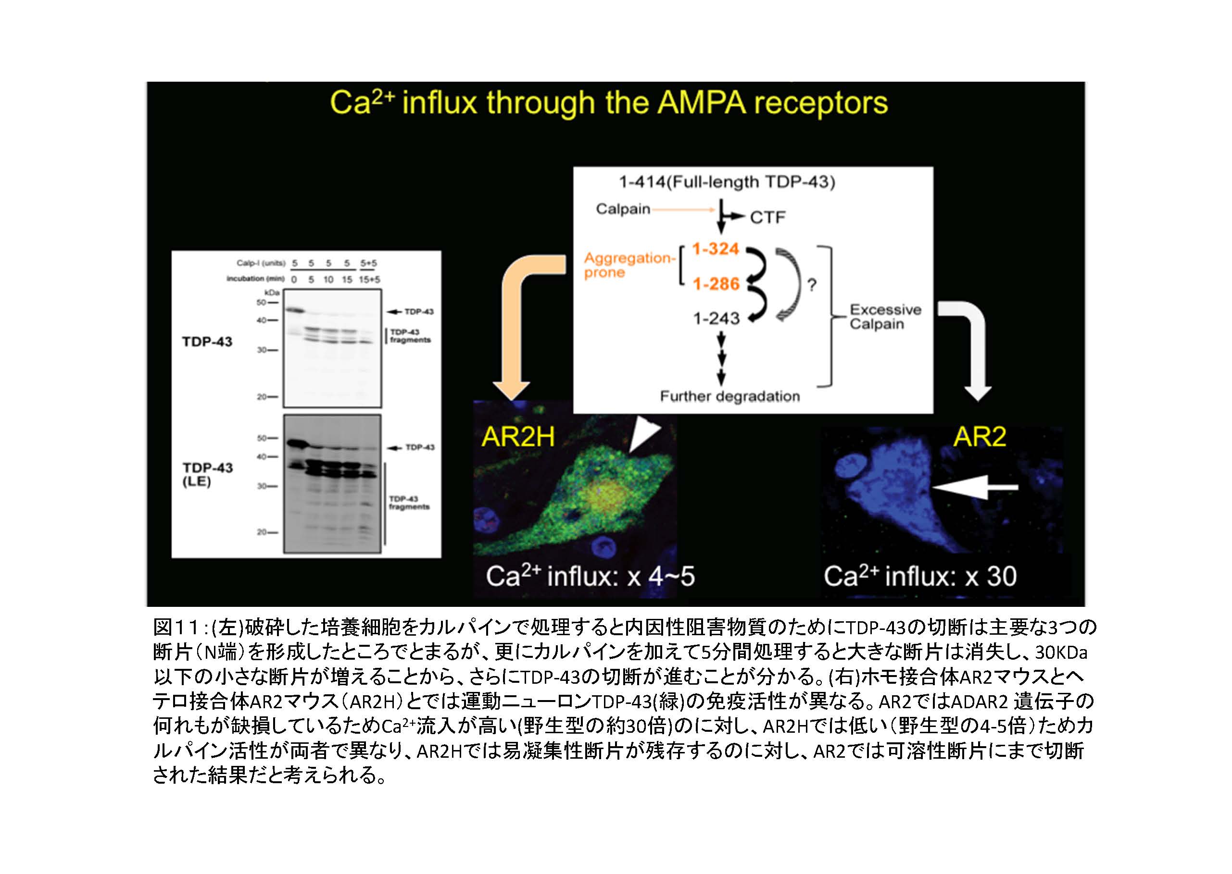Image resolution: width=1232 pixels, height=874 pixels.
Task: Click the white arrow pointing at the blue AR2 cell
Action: click(974, 487)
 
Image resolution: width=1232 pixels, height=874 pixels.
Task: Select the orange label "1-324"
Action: click(715, 249)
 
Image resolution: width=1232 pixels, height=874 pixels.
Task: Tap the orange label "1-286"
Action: click(716, 283)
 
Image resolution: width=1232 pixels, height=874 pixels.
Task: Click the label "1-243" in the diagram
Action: click(716, 319)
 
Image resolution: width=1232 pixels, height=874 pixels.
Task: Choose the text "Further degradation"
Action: click(729, 396)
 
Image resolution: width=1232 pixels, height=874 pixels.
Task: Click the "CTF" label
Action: click(767, 218)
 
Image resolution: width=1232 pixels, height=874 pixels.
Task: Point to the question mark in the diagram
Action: click(811, 285)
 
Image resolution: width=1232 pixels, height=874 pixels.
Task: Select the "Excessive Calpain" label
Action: click(885, 317)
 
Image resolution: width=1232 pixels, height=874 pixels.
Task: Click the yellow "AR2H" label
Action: click(517, 436)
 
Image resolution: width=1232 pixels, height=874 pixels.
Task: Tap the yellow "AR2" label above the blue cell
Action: click(979, 436)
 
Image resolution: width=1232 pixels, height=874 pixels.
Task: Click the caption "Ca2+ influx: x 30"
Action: click(920, 577)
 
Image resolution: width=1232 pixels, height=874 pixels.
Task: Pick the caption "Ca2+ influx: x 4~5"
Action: click(590, 577)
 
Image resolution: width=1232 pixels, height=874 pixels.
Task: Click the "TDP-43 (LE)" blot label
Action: click(207, 474)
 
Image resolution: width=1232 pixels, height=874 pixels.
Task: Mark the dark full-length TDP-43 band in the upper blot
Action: click(295, 310)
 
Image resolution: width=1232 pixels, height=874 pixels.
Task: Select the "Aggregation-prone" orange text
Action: click(628, 265)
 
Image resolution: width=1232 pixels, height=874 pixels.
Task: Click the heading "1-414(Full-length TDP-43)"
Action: click(727, 182)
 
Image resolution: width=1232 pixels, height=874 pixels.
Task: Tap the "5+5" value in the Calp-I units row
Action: click(368, 263)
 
